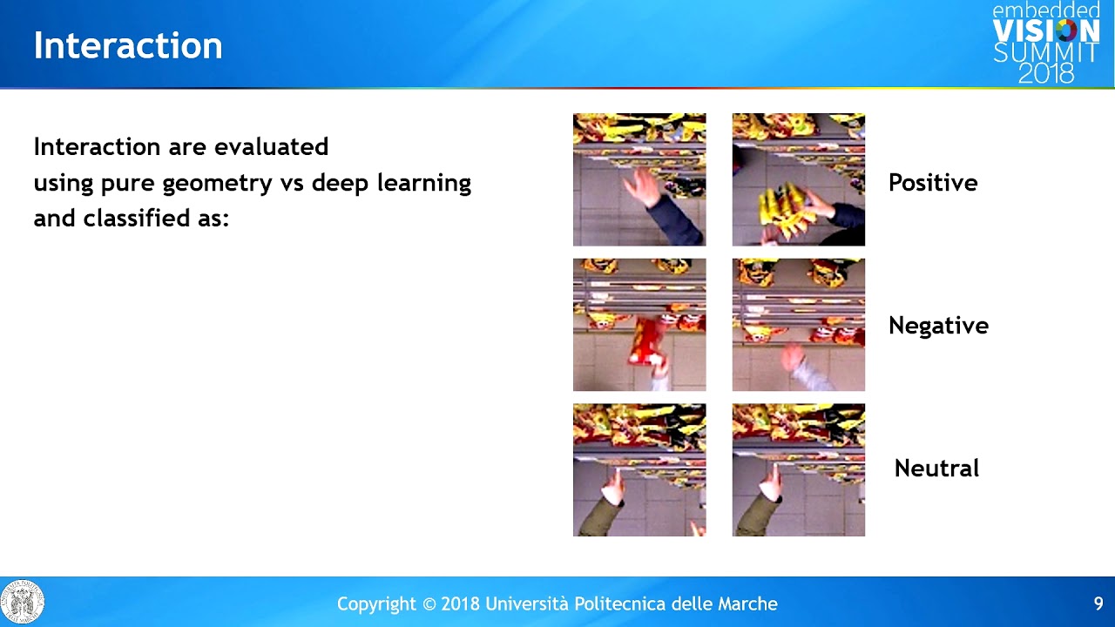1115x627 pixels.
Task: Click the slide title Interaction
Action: click(x=128, y=46)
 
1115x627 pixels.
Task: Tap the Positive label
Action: click(x=933, y=183)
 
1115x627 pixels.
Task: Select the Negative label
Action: click(x=938, y=326)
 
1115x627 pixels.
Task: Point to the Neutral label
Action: click(x=936, y=469)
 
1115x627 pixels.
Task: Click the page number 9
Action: click(x=1098, y=603)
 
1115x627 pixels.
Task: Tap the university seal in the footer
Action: click(x=23, y=602)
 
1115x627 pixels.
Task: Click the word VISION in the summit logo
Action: click(x=1046, y=30)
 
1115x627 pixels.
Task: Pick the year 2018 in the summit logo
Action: click(x=1046, y=73)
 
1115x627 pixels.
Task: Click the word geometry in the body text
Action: click(x=217, y=184)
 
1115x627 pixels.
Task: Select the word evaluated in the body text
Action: click(x=271, y=147)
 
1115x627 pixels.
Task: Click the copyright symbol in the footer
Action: click(x=429, y=604)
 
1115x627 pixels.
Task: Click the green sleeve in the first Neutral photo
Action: click(x=598, y=516)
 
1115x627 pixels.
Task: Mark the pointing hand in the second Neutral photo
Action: click(x=772, y=483)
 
